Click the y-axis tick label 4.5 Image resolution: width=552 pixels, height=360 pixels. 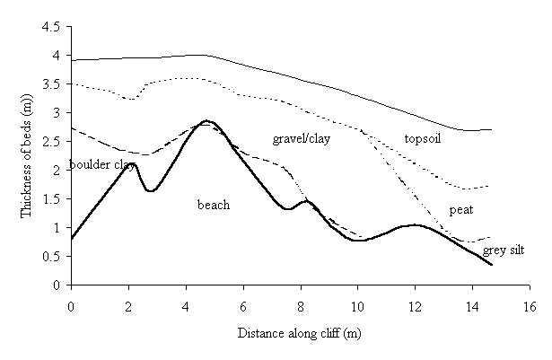pyautogui.click(x=51, y=27)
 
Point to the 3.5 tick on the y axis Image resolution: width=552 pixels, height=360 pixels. pyautogui.click(x=51, y=84)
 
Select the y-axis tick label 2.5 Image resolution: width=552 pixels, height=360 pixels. pyautogui.click(x=51, y=142)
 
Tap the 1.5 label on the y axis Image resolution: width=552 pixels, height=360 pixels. pyautogui.click(x=51, y=199)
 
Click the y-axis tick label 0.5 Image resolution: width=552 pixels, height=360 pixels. pyautogui.click(x=51, y=257)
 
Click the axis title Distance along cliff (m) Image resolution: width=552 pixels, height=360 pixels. pyautogui.click(x=299, y=332)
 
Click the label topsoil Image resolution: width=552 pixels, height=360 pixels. pyautogui.click(x=425, y=138)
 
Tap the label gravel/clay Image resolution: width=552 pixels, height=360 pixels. pyautogui.click(x=300, y=138)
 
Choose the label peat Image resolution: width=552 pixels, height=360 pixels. pyautogui.click(x=460, y=210)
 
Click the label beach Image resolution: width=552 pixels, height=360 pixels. pyautogui.click(x=214, y=205)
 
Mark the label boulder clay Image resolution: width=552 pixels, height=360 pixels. pyautogui.click(x=101, y=165)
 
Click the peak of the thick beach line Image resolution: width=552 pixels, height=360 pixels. pyautogui.click(x=206, y=120)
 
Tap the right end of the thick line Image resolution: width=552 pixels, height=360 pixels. pyautogui.click(x=492, y=265)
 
